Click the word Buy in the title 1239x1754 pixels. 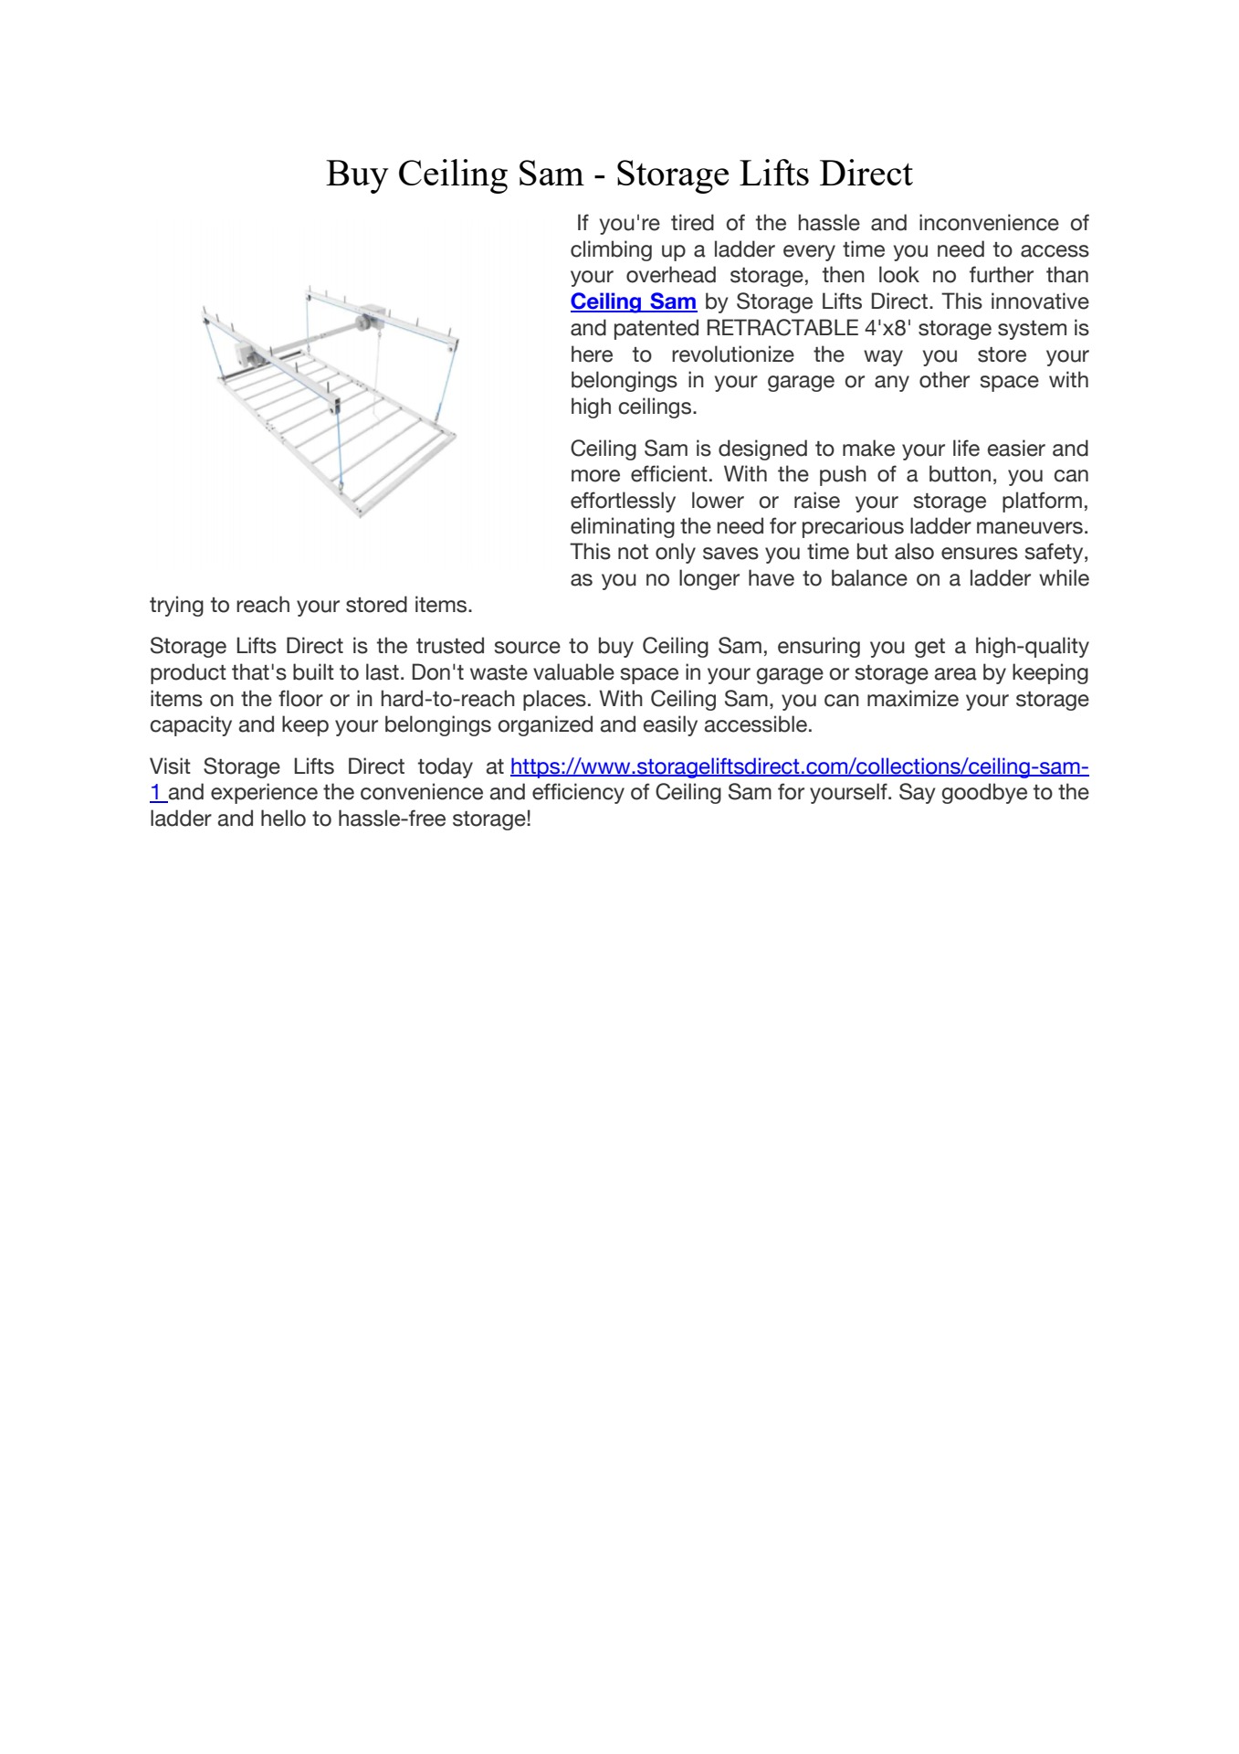tap(356, 174)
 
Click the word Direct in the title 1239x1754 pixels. tap(865, 174)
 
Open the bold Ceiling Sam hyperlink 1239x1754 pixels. tap(633, 301)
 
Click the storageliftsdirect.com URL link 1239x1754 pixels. tap(798, 766)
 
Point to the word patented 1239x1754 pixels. tap(655, 328)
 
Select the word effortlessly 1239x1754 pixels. tap(623, 501)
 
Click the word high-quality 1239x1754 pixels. tap(1032, 647)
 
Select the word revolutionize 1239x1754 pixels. tap(733, 354)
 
